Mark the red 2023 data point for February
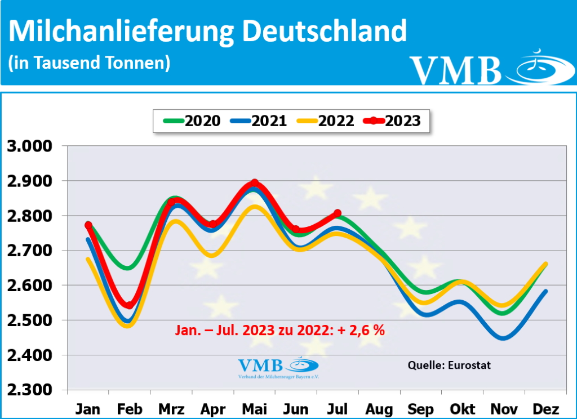coord(129,305)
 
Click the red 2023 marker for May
coord(255,183)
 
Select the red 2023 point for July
coord(338,213)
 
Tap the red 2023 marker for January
coord(88,225)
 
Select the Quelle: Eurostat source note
coord(449,365)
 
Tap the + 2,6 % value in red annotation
coord(361,331)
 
